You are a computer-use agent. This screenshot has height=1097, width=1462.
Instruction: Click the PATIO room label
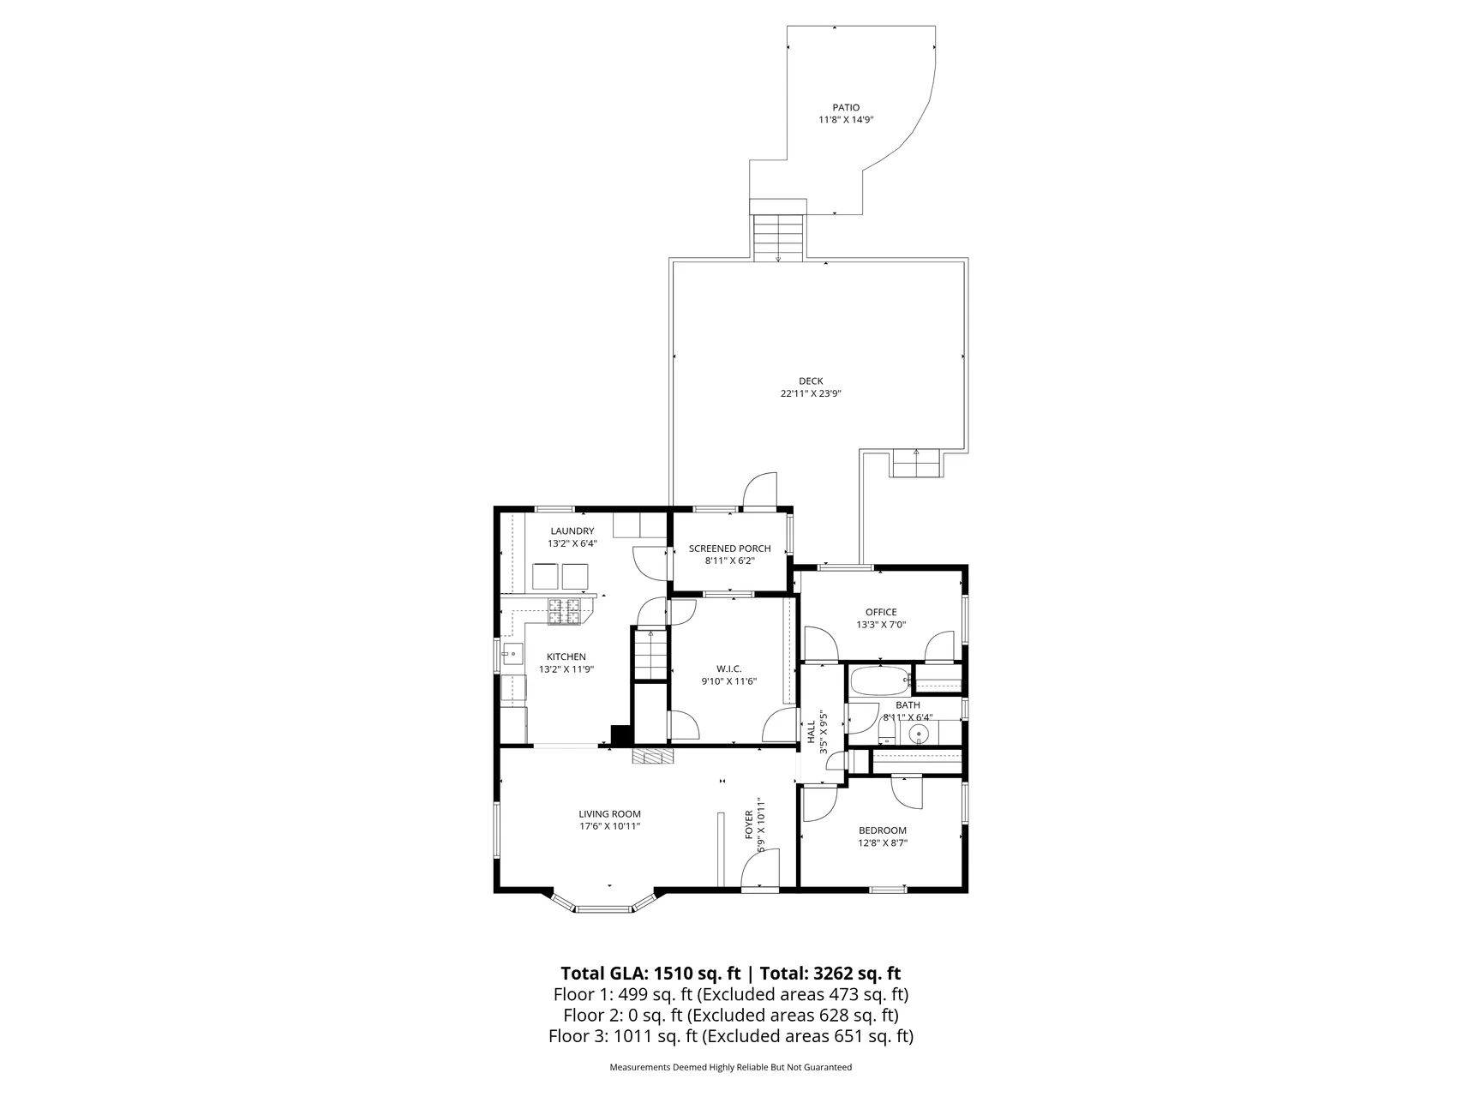[x=845, y=107]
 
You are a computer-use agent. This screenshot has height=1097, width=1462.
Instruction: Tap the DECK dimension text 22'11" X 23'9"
[x=810, y=394]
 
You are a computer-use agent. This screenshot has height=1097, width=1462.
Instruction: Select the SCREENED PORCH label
[x=729, y=548]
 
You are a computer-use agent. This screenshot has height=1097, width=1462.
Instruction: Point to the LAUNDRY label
[x=572, y=531]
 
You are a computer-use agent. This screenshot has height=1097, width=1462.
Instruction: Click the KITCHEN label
[x=566, y=657]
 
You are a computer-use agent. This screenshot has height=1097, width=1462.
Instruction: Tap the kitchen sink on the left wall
[x=512, y=656]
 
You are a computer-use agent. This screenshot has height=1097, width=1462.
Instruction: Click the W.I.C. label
[x=729, y=669]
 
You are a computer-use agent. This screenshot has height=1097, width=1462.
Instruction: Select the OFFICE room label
[x=881, y=612]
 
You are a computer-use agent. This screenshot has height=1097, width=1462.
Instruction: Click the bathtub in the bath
[x=879, y=682]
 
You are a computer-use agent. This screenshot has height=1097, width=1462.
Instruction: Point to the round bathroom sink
[x=919, y=734]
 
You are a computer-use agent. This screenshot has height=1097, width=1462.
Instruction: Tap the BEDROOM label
[x=883, y=830]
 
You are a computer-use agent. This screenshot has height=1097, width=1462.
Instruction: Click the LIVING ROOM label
[x=609, y=814]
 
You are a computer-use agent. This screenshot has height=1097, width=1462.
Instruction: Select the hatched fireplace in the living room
[x=653, y=756]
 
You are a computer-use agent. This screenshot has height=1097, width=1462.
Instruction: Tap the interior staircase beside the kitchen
[x=650, y=654]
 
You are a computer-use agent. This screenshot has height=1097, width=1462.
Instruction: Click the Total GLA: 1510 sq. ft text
[x=650, y=974]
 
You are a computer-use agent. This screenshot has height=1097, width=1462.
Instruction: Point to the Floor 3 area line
[x=731, y=1036]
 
